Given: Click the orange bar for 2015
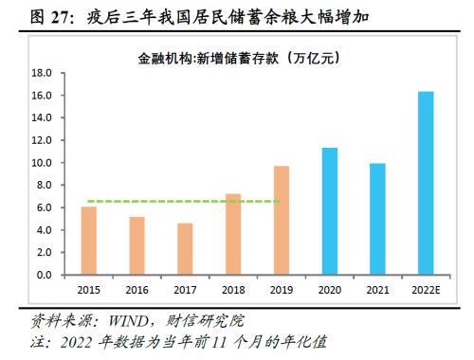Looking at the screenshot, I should click(88, 241).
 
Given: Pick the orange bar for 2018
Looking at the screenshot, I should click(233, 234).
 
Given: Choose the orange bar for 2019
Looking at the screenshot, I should click(282, 221).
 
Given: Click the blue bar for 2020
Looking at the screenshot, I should click(329, 211).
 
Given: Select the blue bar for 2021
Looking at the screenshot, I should click(377, 219).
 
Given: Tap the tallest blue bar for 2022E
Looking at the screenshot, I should click(426, 183).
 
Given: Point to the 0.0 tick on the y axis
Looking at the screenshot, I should click(42, 275).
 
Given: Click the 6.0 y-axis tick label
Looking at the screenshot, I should click(42, 207).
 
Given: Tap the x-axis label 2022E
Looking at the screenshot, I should click(426, 289).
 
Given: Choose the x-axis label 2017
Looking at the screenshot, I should click(185, 289).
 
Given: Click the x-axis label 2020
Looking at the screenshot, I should click(329, 289).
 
